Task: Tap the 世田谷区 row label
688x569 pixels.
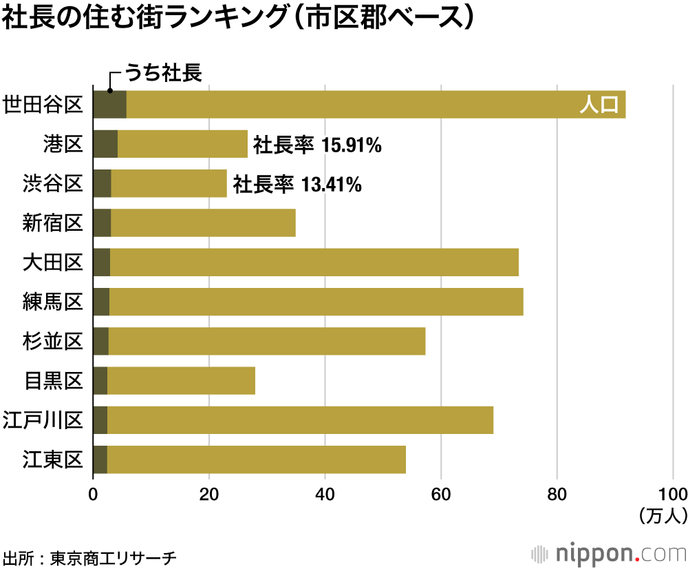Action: tap(43, 105)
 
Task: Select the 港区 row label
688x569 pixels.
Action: tap(63, 144)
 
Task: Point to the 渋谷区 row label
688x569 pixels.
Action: tap(52, 183)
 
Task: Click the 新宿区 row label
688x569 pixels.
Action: tap(52, 223)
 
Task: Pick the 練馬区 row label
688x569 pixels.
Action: tap(52, 302)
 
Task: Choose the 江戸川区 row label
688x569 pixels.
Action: tap(43, 420)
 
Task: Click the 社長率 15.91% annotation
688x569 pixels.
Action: tap(317, 145)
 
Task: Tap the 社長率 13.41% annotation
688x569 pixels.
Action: tap(297, 184)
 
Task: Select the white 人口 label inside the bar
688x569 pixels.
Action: tap(600, 105)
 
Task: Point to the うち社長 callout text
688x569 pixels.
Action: tap(162, 74)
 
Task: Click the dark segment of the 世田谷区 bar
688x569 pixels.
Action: tap(109, 105)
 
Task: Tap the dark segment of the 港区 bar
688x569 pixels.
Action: tap(105, 144)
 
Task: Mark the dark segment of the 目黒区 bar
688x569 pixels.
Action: tap(100, 380)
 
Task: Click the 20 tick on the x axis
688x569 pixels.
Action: tap(208, 494)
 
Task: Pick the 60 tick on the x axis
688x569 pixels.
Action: tap(441, 494)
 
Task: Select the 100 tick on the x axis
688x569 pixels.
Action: tap(672, 494)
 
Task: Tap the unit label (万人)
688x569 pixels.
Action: tap(661, 515)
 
